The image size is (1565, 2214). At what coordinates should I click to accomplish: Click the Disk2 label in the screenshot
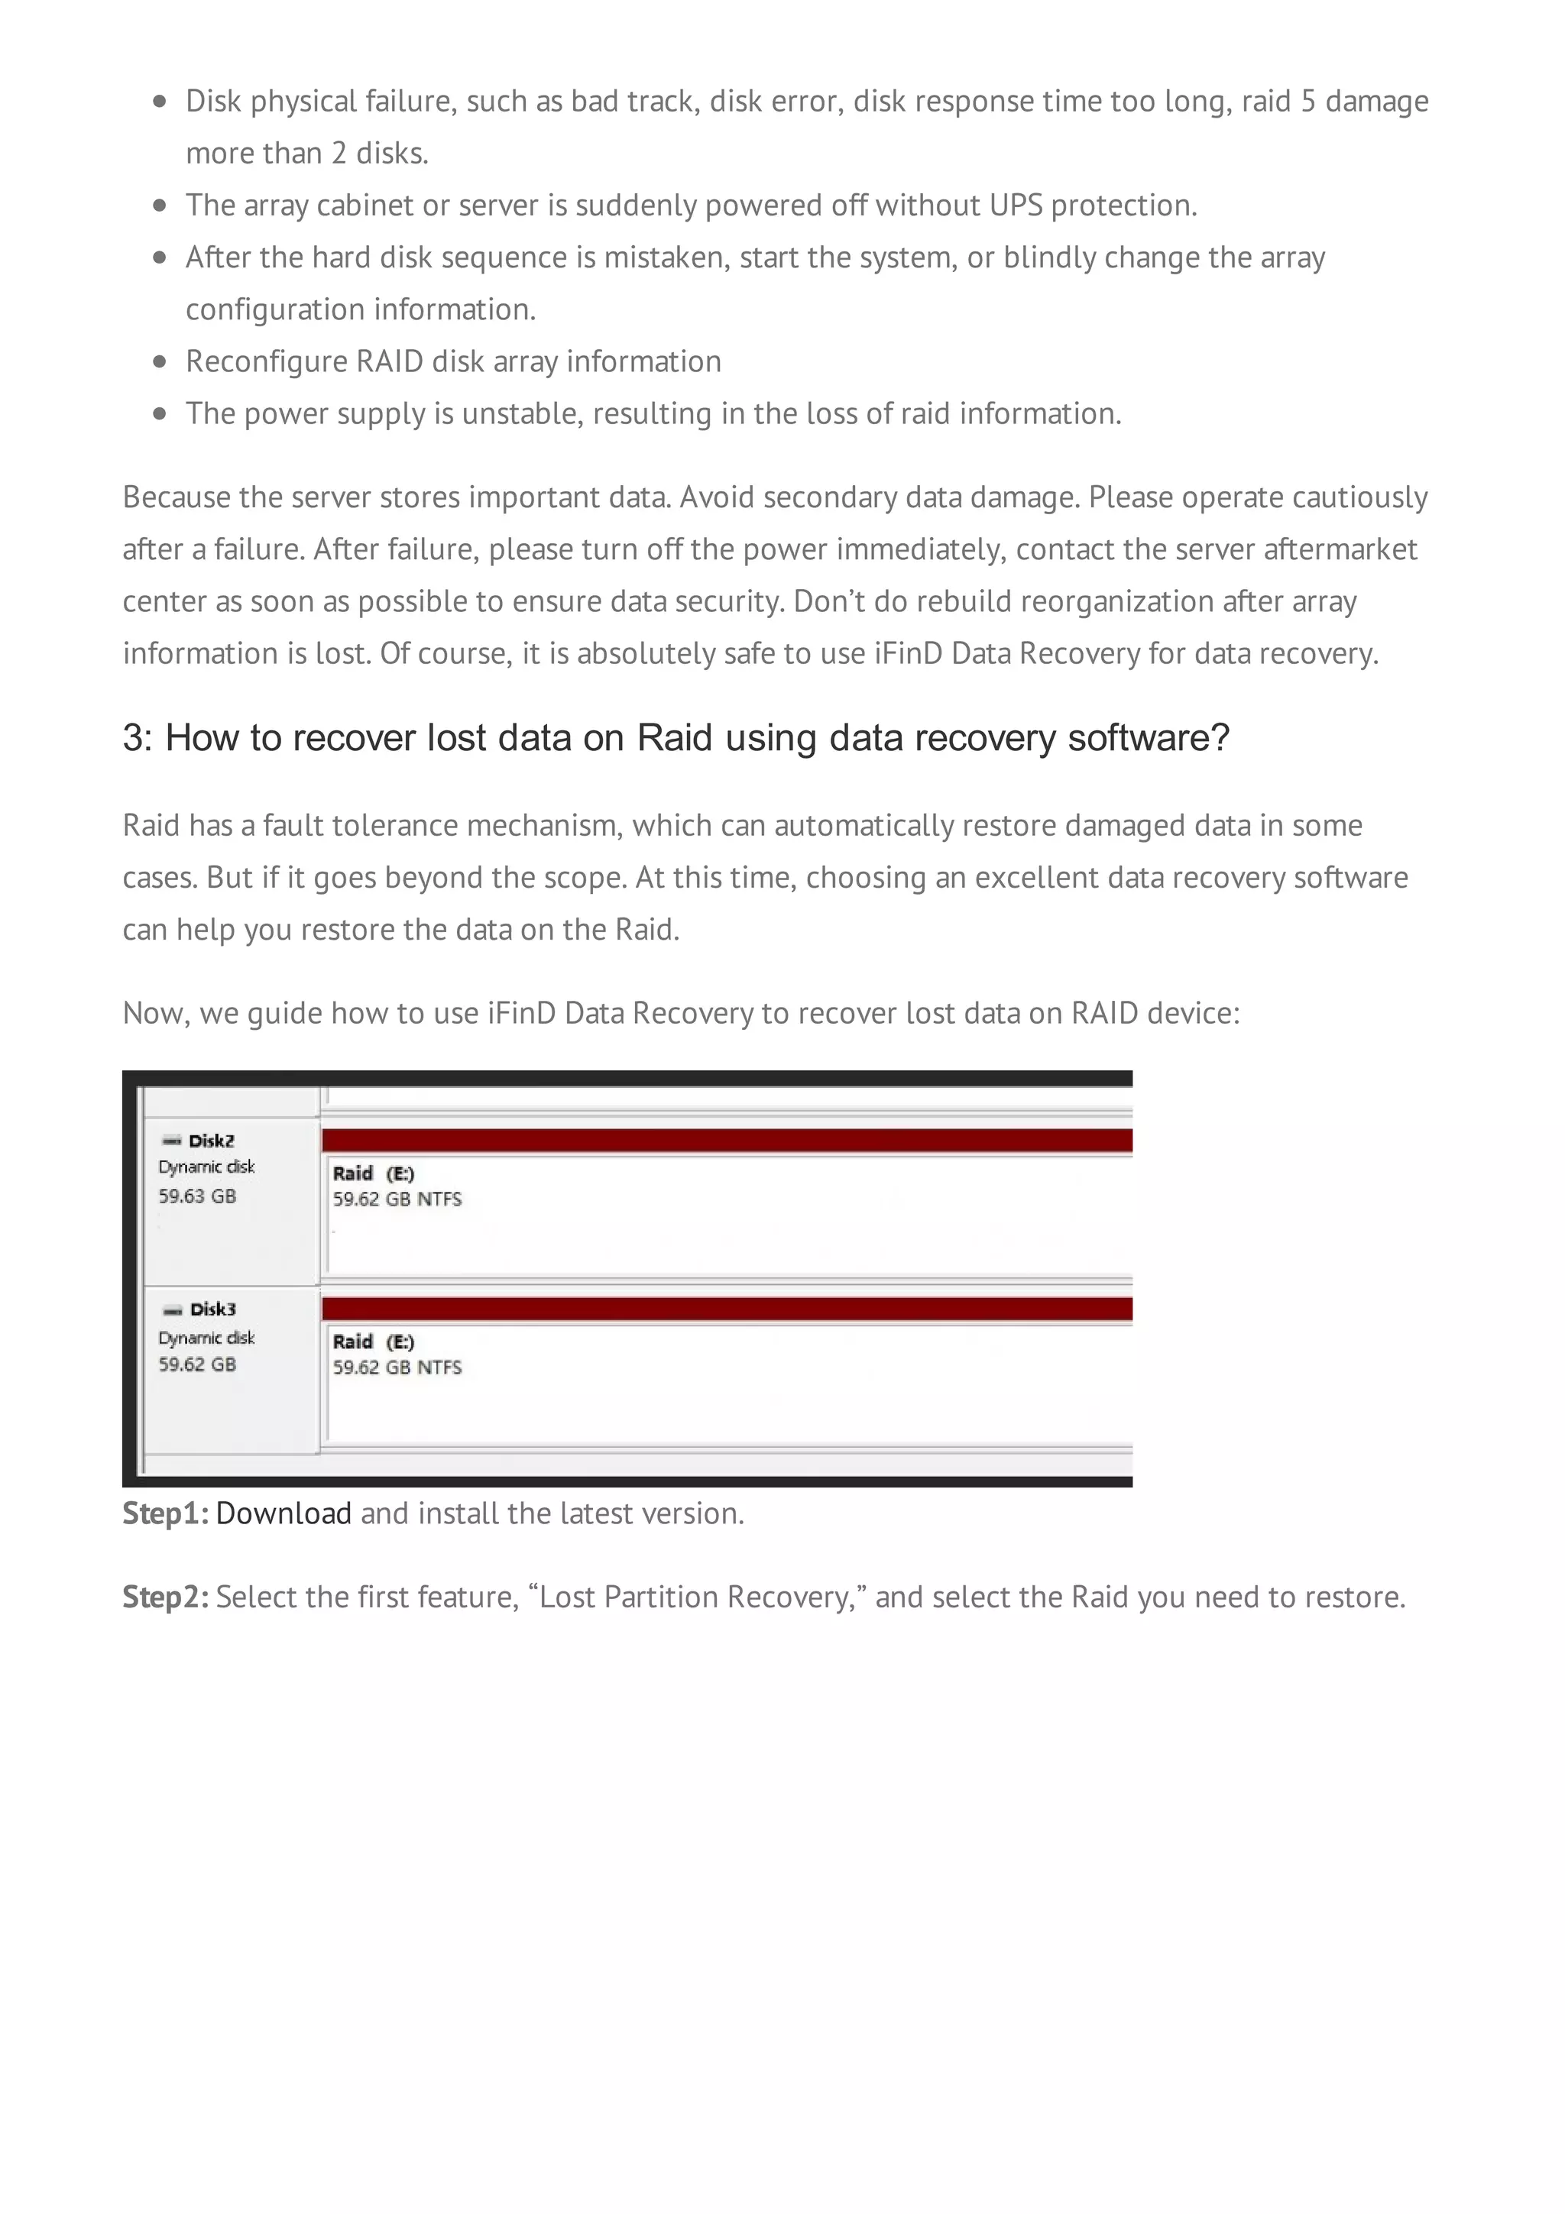(x=210, y=1141)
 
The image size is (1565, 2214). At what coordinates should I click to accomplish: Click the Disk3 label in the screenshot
(x=212, y=1309)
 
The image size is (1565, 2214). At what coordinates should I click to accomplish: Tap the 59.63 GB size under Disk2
(x=196, y=1196)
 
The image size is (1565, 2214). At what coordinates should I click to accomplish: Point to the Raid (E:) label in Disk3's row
(x=373, y=1342)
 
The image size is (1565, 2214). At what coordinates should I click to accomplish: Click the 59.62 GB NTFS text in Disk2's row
(x=397, y=1199)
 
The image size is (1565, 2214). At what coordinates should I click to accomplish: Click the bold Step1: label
(x=165, y=1513)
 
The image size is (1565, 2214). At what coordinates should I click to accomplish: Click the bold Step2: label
(x=165, y=1597)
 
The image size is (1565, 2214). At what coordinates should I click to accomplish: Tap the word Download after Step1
(x=284, y=1513)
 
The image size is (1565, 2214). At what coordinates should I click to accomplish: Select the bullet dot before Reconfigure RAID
(x=160, y=361)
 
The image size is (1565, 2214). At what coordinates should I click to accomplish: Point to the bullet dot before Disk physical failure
(x=160, y=102)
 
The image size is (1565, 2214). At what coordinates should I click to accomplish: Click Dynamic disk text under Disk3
(x=206, y=1338)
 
